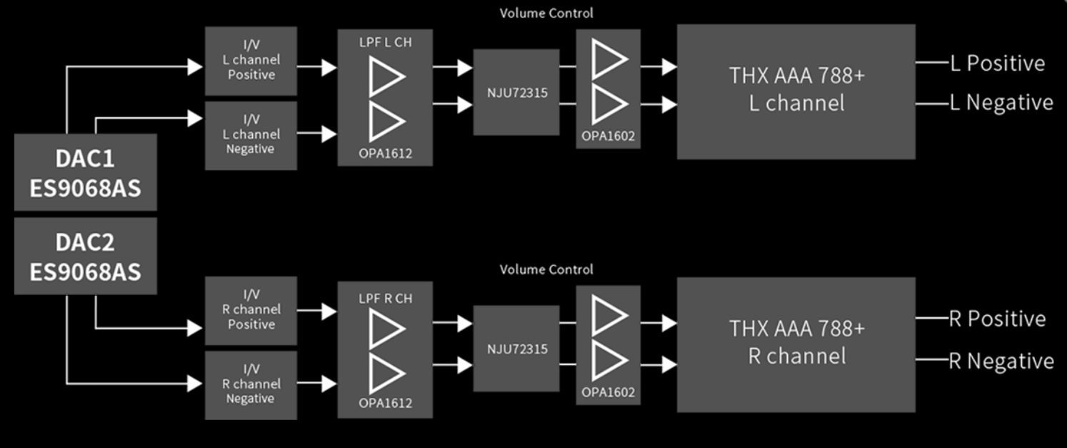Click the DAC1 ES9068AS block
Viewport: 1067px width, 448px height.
coord(86,172)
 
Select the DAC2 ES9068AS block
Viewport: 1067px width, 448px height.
coord(86,257)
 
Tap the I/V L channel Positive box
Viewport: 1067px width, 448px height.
coord(251,61)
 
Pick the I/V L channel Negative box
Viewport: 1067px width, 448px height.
coord(251,135)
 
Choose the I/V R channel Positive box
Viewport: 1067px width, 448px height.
coord(251,310)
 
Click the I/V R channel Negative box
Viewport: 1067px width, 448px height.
coord(251,384)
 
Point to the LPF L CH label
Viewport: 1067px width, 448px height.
coord(385,43)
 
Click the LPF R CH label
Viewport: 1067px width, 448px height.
coord(385,299)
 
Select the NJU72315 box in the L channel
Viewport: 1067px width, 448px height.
coord(516,92)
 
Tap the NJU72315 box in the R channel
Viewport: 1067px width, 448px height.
coord(516,349)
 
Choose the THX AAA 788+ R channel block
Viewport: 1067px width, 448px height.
coord(796,343)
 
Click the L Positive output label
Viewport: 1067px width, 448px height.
coord(997,63)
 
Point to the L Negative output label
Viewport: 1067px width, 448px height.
coord(1001,103)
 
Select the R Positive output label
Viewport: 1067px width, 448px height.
coord(997,319)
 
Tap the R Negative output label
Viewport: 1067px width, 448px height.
coord(1001,361)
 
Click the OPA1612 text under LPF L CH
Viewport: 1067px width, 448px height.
coord(385,154)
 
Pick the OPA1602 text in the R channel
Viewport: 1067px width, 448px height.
coord(608,392)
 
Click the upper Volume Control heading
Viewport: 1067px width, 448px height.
coord(546,13)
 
